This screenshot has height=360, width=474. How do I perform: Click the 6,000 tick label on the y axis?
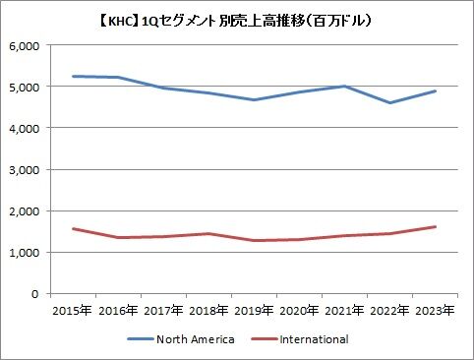pyautogui.click(x=25, y=46)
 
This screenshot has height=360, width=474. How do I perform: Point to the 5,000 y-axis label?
pyautogui.click(x=25, y=87)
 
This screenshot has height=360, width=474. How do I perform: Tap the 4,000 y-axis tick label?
pyautogui.click(x=25, y=128)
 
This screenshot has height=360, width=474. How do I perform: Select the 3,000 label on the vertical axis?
pyautogui.click(x=25, y=170)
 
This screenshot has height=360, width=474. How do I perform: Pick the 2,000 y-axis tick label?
pyautogui.click(x=25, y=211)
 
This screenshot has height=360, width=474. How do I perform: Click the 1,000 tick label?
pyautogui.click(x=25, y=253)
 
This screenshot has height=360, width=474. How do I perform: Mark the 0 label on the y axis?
pyautogui.click(x=35, y=294)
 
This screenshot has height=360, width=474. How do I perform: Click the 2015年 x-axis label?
pyautogui.click(x=73, y=310)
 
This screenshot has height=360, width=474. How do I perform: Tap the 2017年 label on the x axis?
pyautogui.click(x=163, y=310)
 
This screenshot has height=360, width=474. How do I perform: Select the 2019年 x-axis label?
pyautogui.click(x=254, y=310)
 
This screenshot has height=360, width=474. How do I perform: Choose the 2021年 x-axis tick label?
pyautogui.click(x=344, y=310)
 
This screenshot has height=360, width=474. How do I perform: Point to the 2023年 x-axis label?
pyautogui.click(x=435, y=310)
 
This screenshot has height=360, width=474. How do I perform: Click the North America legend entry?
pyautogui.click(x=181, y=339)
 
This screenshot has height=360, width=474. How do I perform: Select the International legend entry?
pyautogui.click(x=300, y=339)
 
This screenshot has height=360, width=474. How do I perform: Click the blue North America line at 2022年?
pyautogui.click(x=389, y=102)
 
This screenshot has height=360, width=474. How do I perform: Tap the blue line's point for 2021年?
pyautogui.click(x=344, y=87)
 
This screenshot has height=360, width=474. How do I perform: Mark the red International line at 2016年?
pyautogui.click(x=118, y=237)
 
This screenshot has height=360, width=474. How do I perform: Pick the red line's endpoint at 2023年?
pyautogui.click(x=435, y=226)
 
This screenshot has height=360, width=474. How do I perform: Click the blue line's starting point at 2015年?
pyautogui.click(x=73, y=76)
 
